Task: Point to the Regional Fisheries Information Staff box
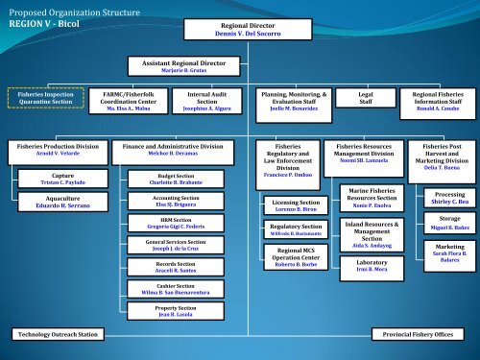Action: [437, 101]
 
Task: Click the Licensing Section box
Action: [296, 206]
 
